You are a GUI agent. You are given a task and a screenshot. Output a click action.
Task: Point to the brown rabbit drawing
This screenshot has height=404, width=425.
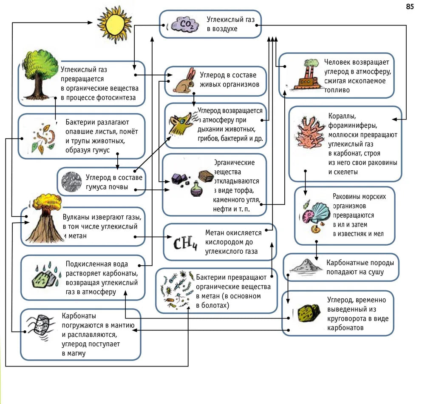[x=184, y=82]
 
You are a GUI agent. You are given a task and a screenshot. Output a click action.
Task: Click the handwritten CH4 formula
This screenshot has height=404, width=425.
[x=186, y=244]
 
